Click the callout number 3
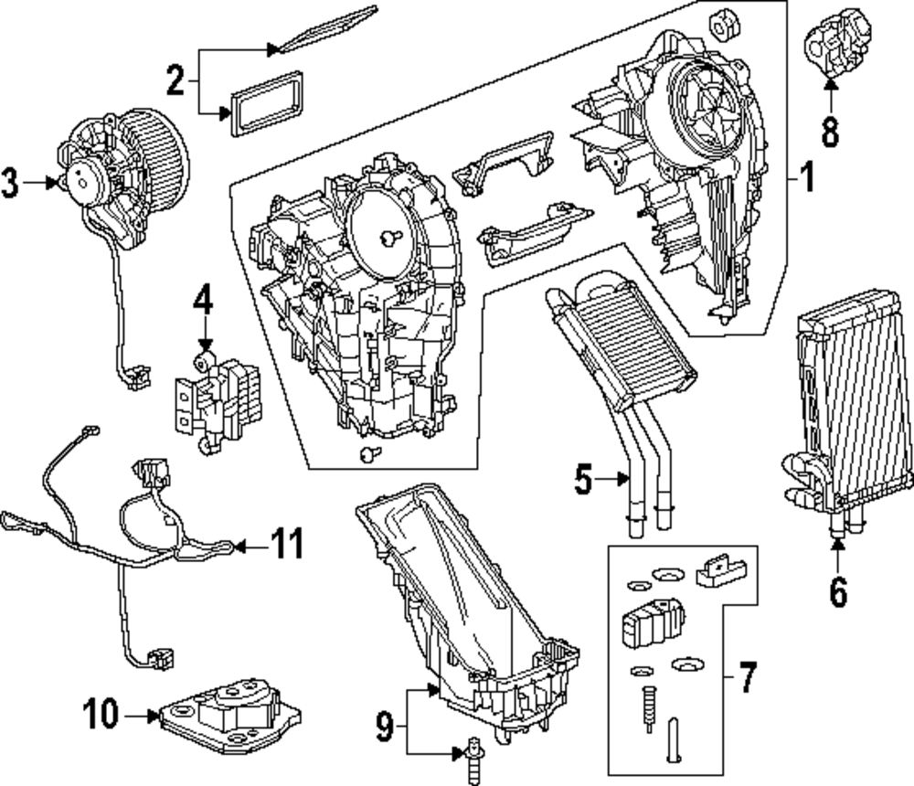(10, 183)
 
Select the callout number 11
(286, 544)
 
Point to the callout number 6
(837, 593)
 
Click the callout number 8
(831, 132)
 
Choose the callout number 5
(583, 479)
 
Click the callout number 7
(748, 676)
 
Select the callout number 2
(175, 80)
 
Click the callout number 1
(806, 177)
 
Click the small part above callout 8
(836, 42)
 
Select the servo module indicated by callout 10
(230, 716)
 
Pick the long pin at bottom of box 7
(674, 738)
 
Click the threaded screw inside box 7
(648, 708)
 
